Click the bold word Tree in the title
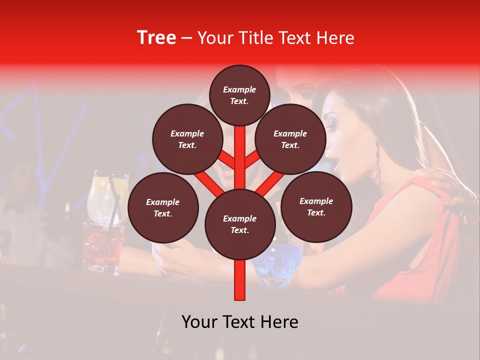pos(156,37)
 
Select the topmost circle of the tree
pos(239,95)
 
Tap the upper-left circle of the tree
pos(187,139)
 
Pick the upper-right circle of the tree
pos(290,139)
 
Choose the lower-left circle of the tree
pos(163,207)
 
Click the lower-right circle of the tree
pos(316,206)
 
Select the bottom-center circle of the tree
pos(239,224)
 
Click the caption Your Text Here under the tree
pos(239,322)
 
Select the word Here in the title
pos(337,38)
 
